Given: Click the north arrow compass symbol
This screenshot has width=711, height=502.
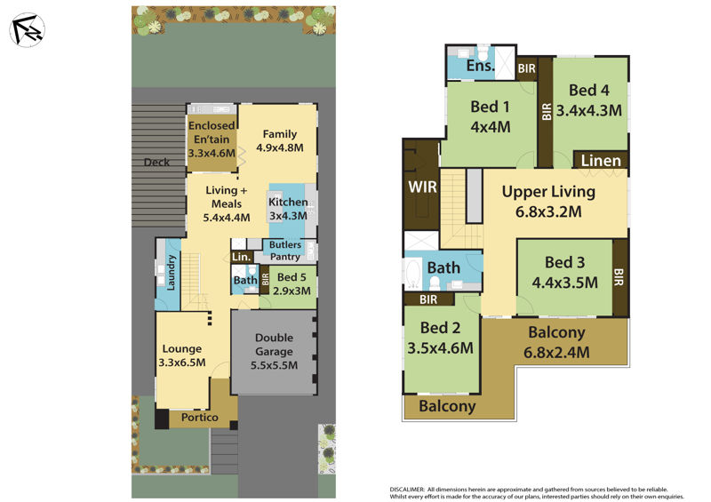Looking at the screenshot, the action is click(x=27, y=30).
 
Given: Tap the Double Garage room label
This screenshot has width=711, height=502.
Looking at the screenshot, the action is click(x=274, y=344).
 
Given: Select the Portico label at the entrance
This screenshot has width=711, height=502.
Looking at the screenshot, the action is click(x=199, y=418).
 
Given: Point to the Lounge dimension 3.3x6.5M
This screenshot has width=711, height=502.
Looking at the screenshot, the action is click(x=182, y=363).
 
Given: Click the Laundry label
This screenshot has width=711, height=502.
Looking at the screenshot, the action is click(x=171, y=272).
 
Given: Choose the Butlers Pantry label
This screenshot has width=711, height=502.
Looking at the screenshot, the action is click(x=285, y=251).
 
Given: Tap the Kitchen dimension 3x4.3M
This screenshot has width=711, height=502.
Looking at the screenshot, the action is click(x=288, y=216).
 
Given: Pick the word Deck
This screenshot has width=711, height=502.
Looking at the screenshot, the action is click(x=156, y=162).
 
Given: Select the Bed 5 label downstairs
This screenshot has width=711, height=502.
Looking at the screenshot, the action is click(x=292, y=277).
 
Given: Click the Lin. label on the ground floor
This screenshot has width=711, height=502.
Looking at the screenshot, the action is click(x=241, y=257).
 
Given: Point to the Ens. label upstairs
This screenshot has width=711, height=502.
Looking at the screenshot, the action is click(x=480, y=65).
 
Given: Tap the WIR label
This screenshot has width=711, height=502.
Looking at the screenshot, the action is click(x=422, y=187).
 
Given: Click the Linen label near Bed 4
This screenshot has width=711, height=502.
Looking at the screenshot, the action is click(x=601, y=161).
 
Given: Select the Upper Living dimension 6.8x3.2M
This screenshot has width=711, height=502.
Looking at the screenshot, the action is click(x=548, y=211).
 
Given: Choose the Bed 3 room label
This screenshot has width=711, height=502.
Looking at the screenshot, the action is click(x=564, y=262).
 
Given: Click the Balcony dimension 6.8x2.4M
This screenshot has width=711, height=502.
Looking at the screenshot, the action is click(x=556, y=353).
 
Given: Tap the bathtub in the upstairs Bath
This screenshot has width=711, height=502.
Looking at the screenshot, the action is click(x=413, y=274).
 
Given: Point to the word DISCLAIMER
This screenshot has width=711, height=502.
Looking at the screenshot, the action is click(x=407, y=490).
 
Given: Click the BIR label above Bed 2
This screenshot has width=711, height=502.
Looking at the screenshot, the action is click(x=428, y=299).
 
